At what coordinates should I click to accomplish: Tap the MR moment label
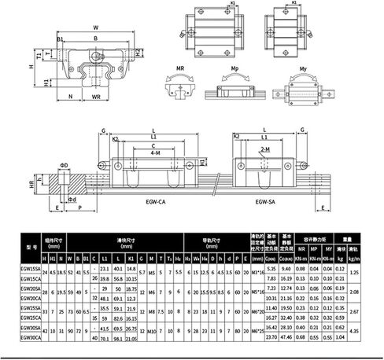(179, 69)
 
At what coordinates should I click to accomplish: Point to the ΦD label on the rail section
(65, 165)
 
